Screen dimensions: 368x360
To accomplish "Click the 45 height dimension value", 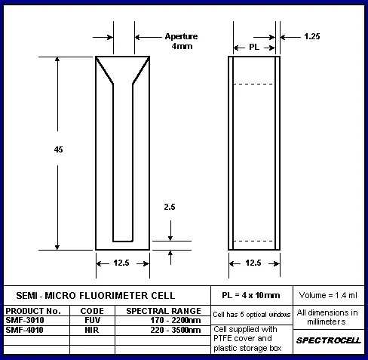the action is (x=58, y=149).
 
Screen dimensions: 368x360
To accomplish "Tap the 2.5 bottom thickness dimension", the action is (x=170, y=207).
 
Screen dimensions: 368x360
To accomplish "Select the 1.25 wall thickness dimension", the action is (x=312, y=36).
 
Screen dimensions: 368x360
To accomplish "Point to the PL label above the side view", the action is (x=254, y=47).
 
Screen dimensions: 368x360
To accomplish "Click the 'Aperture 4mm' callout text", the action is (x=182, y=42).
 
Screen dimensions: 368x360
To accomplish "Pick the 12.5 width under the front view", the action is (x=121, y=263).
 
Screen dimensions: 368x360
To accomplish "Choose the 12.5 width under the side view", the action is (x=253, y=263).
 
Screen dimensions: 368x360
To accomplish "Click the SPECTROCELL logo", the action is (x=329, y=340).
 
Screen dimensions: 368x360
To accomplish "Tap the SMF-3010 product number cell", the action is (x=25, y=320).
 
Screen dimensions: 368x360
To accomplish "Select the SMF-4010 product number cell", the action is (x=24, y=330).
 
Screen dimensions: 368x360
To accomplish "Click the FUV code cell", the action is (x=92, y=320).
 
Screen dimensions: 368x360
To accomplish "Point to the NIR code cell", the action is (x=92, y=330).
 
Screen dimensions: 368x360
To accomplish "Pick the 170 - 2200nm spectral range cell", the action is (x=176, y=320).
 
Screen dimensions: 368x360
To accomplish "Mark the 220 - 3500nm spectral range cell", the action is (x=176, y=330).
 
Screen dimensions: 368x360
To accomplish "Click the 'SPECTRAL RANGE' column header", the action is (x=164, y=311).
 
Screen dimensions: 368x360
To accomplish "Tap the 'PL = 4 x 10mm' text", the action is (x=251, y=295).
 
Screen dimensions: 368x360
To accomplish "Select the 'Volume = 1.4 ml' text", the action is (x=328, y=295).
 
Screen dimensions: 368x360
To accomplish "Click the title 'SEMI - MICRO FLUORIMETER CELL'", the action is (x=96, y=296).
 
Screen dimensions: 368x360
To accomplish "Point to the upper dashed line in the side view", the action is (x=253, y=84).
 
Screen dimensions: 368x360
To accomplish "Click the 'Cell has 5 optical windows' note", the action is (x=252, y=315).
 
